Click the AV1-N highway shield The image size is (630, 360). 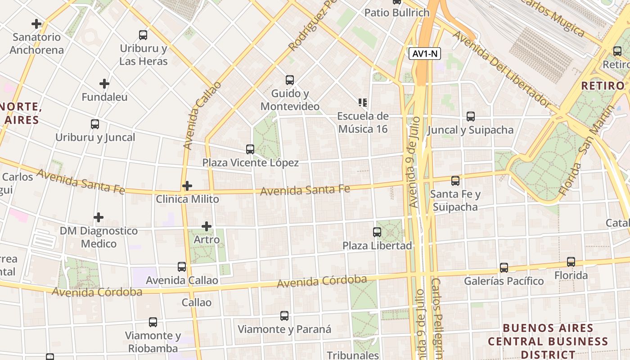(x=425, y=54)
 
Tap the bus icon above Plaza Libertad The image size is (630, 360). (x=377, y=232)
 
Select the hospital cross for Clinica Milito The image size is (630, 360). (x=187, y=185)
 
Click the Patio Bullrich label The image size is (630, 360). (x=397, y=13)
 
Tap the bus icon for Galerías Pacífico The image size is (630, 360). (x=504, y=268)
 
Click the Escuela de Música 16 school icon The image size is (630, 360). (x=363, y=103)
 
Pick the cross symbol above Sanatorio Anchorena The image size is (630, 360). (x=36, y=24)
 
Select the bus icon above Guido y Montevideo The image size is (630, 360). (x=290, y=80)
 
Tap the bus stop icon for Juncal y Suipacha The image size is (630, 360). (x=471, y=117)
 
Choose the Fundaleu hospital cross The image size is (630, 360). (x=104, y=84)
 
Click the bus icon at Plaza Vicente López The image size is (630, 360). (x=250, y=149)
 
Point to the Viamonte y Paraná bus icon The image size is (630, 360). (x=284, y=316)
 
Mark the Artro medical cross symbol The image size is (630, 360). (x=207, y=226)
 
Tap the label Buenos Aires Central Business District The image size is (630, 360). (x=548, y=341)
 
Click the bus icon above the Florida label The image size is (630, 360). (x=571, y=261)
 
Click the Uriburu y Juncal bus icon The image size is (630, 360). (x=95, y=124)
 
